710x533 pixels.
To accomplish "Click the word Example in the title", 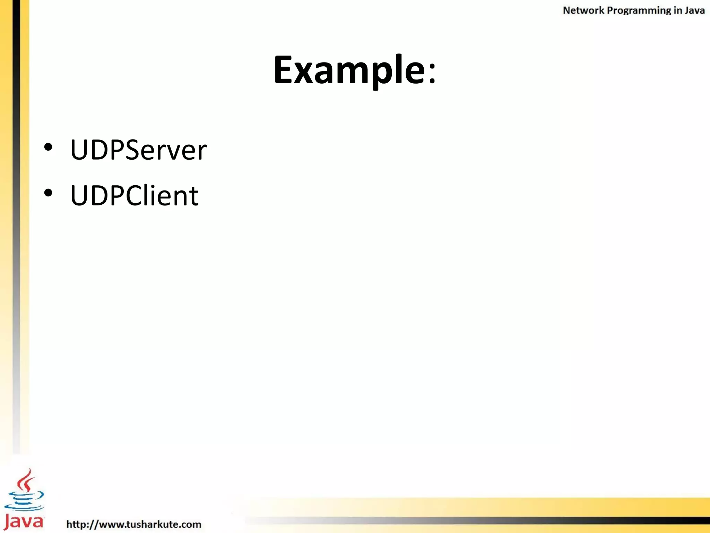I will coord(349,70).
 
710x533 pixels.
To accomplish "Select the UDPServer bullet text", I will coord(138,150).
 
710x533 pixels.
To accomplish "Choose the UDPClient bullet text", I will coord(134,195).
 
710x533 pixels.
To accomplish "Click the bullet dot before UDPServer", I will coord(48,147).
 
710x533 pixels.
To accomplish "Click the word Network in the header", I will coord(583,10).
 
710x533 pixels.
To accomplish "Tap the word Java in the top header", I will coord(695,10).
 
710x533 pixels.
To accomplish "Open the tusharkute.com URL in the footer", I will coord(134,524).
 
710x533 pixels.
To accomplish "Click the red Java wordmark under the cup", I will coord(24,521).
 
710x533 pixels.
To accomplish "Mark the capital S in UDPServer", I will coord(135,150).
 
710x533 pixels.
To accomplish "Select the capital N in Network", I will coord(566,10).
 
